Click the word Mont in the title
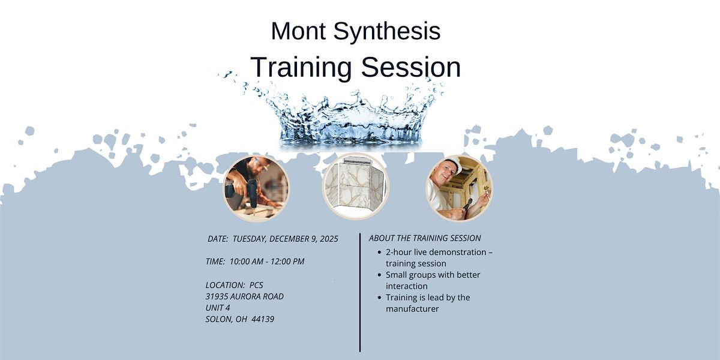(298, 31)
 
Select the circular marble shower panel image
(356, 186)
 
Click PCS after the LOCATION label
(256, 285)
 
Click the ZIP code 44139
(262, 319)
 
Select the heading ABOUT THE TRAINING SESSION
(425, 238)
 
